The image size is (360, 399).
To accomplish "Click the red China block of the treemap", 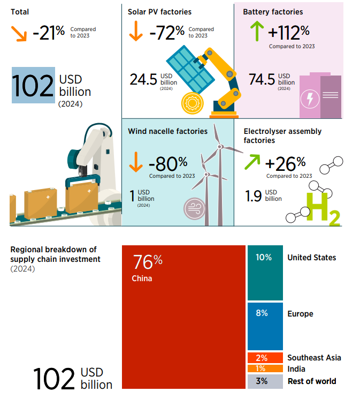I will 183,317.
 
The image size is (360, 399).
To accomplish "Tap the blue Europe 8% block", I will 265,326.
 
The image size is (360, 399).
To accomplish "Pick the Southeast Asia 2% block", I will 265,358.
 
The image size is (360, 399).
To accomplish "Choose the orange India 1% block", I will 265,368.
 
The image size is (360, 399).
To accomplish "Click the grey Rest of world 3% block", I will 265,381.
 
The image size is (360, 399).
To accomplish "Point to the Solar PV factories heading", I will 159,12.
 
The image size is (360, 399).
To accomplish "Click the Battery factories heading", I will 273,12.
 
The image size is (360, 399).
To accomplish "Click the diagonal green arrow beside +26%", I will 252,162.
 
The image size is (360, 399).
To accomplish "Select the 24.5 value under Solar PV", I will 143,80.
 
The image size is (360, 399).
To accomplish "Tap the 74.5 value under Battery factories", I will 262,80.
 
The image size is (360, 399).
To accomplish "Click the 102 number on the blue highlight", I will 33,86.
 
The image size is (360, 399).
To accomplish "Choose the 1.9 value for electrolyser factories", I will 253,196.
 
